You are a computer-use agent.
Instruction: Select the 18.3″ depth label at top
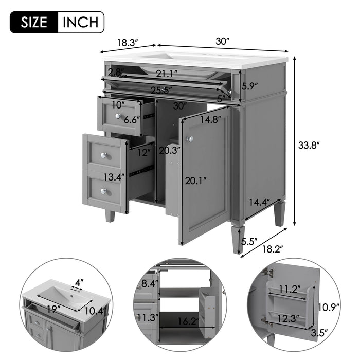click(127, 43)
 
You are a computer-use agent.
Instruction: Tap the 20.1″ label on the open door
click(197, 180)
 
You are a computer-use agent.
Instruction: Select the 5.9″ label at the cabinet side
click(250, 86)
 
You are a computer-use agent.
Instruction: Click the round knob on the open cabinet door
click(190, 139)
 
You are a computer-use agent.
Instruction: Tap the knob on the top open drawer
click(118, 117)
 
